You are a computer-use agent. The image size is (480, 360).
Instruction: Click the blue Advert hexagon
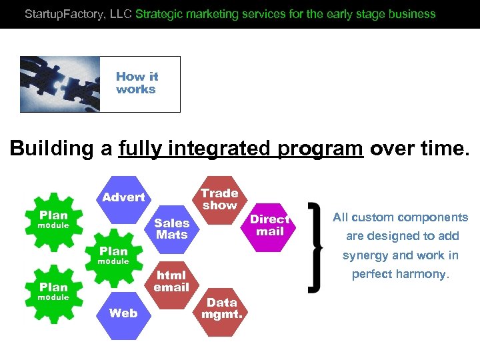coord(123,197)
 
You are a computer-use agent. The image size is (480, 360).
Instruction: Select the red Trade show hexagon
coord(219,199)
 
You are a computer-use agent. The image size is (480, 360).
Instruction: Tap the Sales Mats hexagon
coord(172,229)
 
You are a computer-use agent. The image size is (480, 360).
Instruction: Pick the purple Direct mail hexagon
coord(269,226)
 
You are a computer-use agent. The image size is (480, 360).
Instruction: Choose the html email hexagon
coord(171,281)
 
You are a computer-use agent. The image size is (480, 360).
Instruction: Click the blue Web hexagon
coord(123,313)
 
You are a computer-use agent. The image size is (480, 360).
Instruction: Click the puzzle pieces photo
coord(60,83)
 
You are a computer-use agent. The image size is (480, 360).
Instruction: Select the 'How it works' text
coord(137,83)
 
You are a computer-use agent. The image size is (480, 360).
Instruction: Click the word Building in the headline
coord(51,148)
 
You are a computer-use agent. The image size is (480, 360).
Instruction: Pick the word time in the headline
coord(445,148)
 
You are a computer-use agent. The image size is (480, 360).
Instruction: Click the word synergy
coord(366,255)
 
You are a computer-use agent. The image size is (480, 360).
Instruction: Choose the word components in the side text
coord(434,217)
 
